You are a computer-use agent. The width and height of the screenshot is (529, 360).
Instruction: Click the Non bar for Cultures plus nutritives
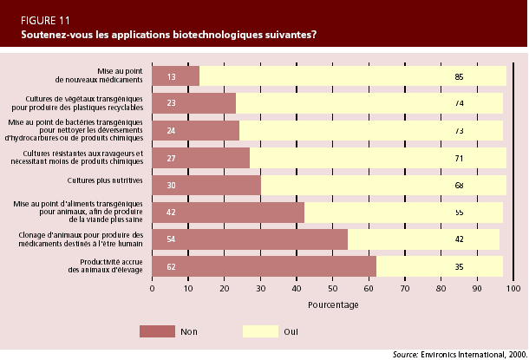[x=206, y=185]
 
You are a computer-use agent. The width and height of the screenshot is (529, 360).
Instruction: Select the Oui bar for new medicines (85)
[x=352, y=76]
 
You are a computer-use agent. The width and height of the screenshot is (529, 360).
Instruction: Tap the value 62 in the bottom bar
[x=171, y=266]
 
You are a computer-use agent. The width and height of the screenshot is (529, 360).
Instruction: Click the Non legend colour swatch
[x=157, y=331]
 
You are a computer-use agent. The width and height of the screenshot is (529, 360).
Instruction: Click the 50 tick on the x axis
[x=333, y=289]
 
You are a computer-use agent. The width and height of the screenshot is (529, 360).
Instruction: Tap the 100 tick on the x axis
[x=513, y=289]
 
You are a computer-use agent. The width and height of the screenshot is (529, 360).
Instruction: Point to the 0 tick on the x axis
[x=152, y=289]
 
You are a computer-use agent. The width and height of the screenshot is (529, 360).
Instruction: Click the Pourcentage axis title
[x=333, y=305]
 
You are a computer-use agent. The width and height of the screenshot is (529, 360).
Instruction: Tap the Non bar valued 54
[x=250, y=239]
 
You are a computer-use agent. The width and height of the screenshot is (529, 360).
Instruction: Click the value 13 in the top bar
[x=171, y=76]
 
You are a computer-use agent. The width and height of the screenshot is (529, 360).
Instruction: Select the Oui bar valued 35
[x=439, y=266]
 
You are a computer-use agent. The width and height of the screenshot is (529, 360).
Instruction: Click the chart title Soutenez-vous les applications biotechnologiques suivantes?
[x=168, y=35]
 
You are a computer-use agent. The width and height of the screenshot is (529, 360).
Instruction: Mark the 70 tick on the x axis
[x=405, y=289]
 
